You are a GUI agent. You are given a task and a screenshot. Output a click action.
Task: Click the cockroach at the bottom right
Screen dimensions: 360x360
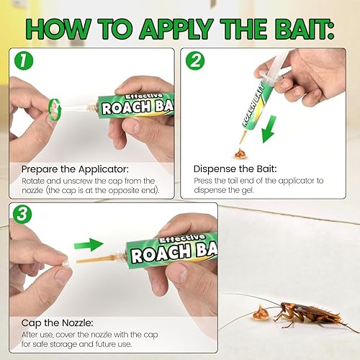tap(306, 315)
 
